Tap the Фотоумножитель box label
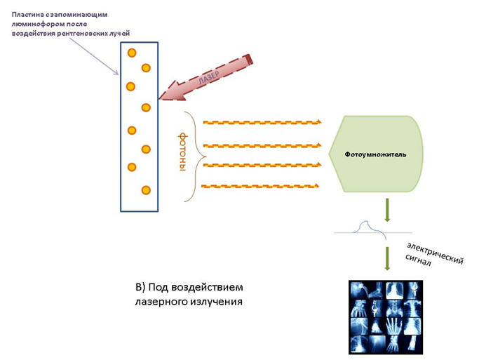click(375, 154)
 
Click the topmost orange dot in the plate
click(131, 53)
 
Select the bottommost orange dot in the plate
click(145, 190)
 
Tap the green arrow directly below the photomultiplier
click(386, 209)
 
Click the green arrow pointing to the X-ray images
click(386, 258)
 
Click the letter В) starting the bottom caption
click(140, 288)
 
